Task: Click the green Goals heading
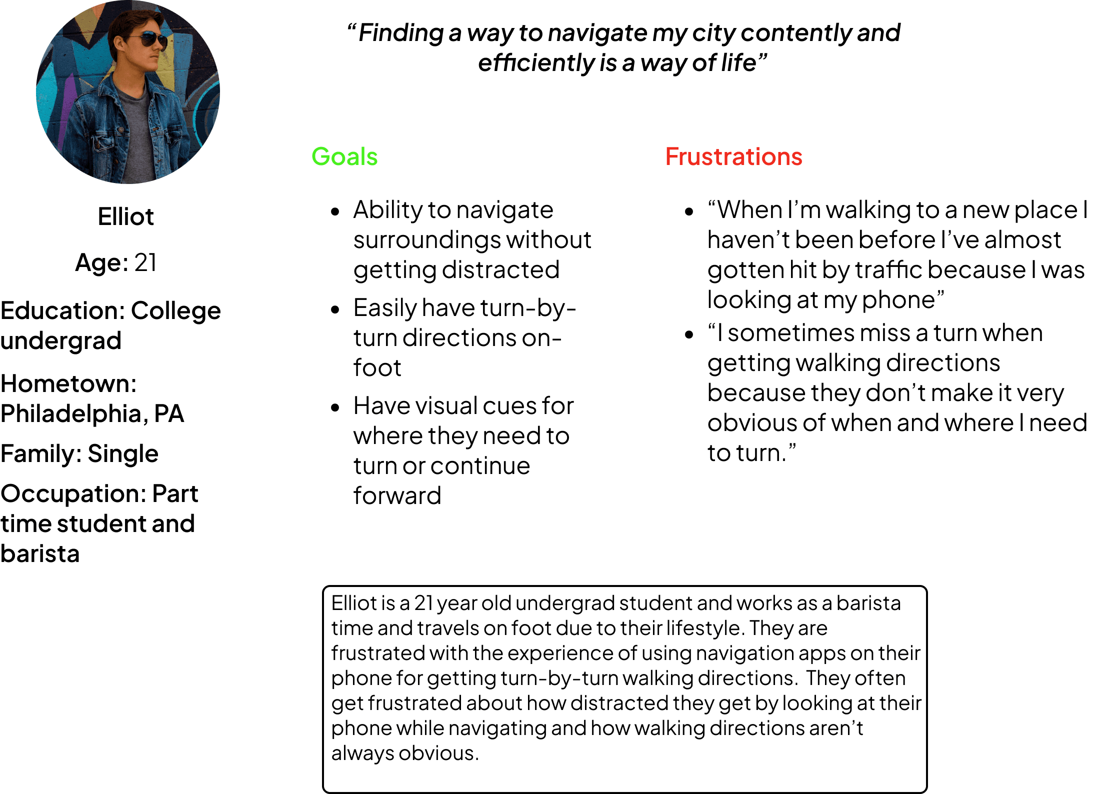pyautogui.click(x=344, y=156)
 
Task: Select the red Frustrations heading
pyautogui.click(x=733, y=156)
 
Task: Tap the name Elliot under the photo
pyautogui.click(x=125, y=217)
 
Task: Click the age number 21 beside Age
pyautogui.click(x=145, y=262)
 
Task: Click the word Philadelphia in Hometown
pyautogui.click(x=70, y=414)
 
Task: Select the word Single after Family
pyautogui.click(x=122, y=454)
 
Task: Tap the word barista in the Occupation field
pyautogui.click(x=40, y=554)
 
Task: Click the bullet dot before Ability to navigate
pyautogui.click(x=335, y=211)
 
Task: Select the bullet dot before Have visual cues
pyautogui.click(x=335, y=407)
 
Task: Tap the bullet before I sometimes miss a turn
pyautogui.click(x=689, y=334)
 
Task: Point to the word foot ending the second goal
pyautogui.click(x=377, y=368)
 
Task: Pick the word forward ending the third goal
pyautogui.click(x=397, y=496)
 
